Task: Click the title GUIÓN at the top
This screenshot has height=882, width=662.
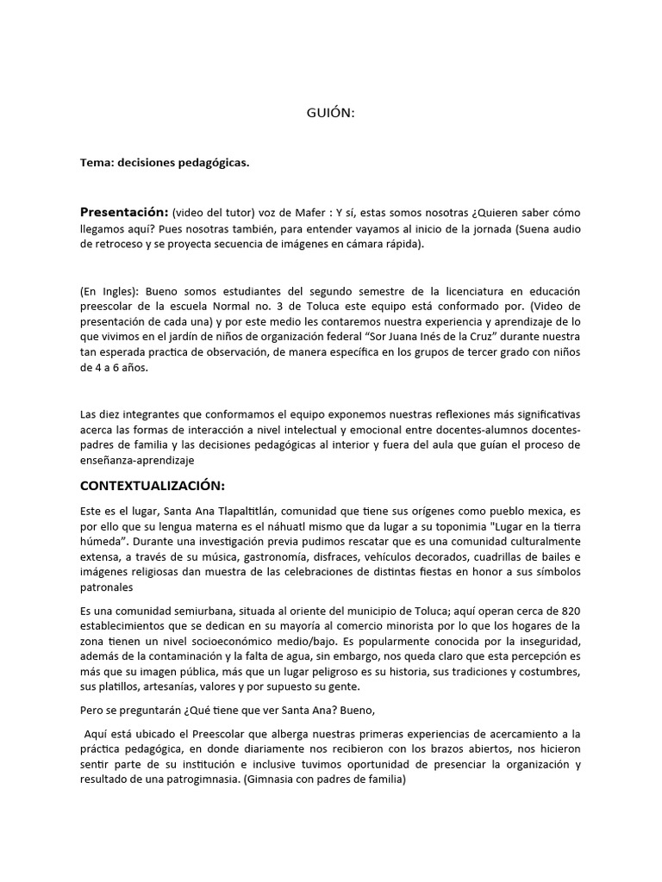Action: pyautogui.click(x=331, y=113)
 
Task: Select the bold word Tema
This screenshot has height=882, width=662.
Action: pyautogui.click(x=97, y=162)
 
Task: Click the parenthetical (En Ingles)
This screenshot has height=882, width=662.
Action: pyautogui.click(x=107, y=292)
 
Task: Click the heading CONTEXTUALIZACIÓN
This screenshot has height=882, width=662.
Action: pyautogui.click(x=153, y=486)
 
